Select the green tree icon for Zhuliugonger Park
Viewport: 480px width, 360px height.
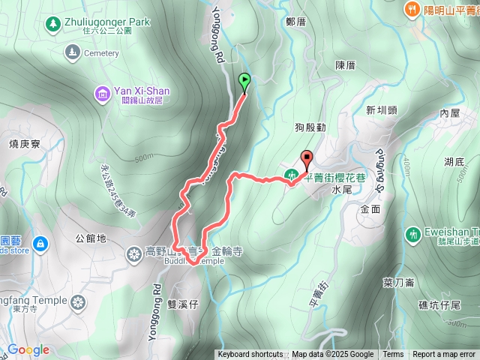52,25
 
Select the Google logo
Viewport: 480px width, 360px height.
28,349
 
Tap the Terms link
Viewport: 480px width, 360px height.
393,355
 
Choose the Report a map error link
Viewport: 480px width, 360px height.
444,355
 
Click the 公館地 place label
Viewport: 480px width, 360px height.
91,239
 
